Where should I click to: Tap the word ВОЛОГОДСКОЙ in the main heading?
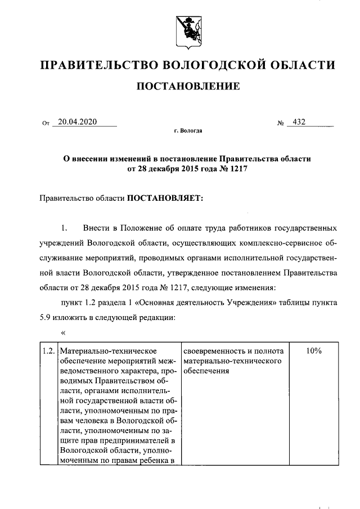[217, 66]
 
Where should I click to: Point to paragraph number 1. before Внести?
[64, 228]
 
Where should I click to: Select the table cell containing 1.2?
[48, 351]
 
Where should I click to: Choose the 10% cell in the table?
[313, 351]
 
